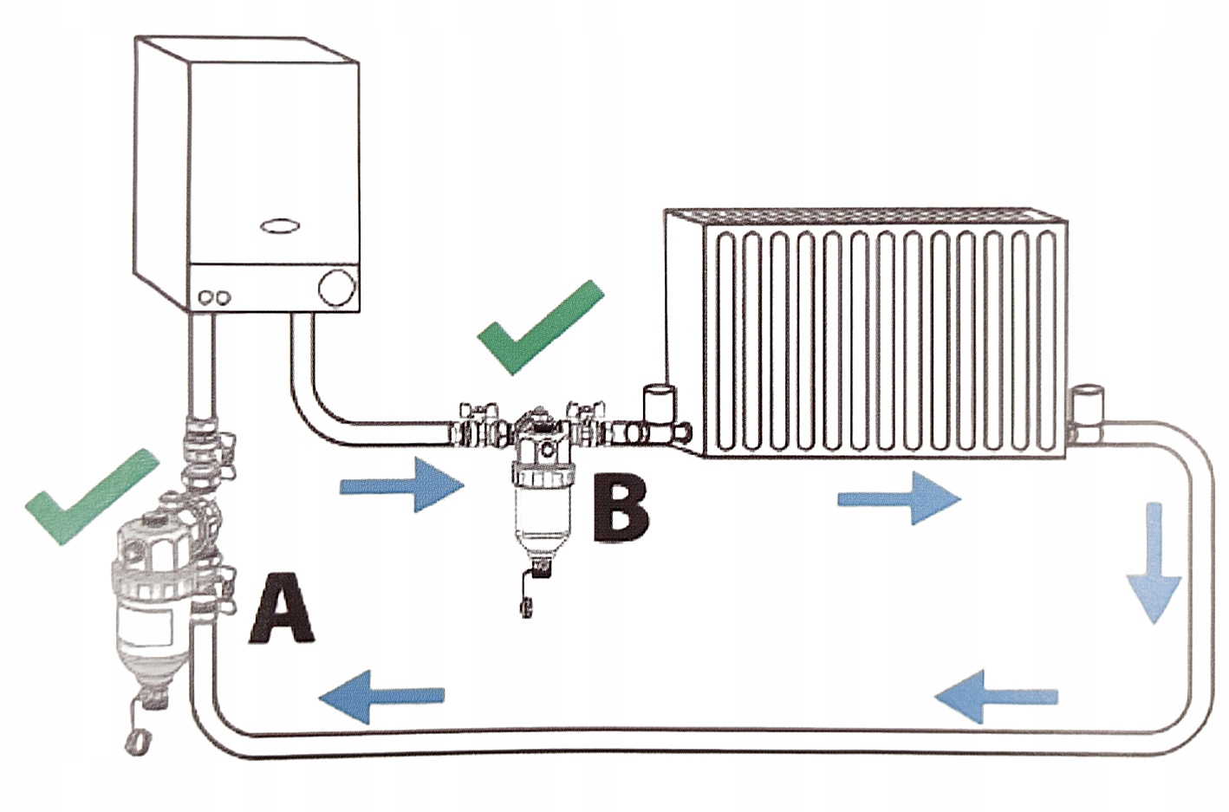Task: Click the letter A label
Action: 281,609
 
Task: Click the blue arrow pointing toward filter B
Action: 402,486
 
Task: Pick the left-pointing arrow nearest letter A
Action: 381,695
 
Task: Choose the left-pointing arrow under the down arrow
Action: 997,695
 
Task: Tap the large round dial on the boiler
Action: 336,287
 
